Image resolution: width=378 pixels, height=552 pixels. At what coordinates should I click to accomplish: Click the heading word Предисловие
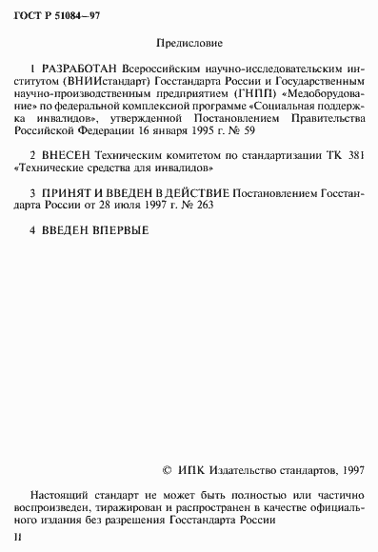[x=189, y=43]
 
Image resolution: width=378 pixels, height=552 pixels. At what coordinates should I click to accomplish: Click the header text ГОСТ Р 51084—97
[x=50, y=10]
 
